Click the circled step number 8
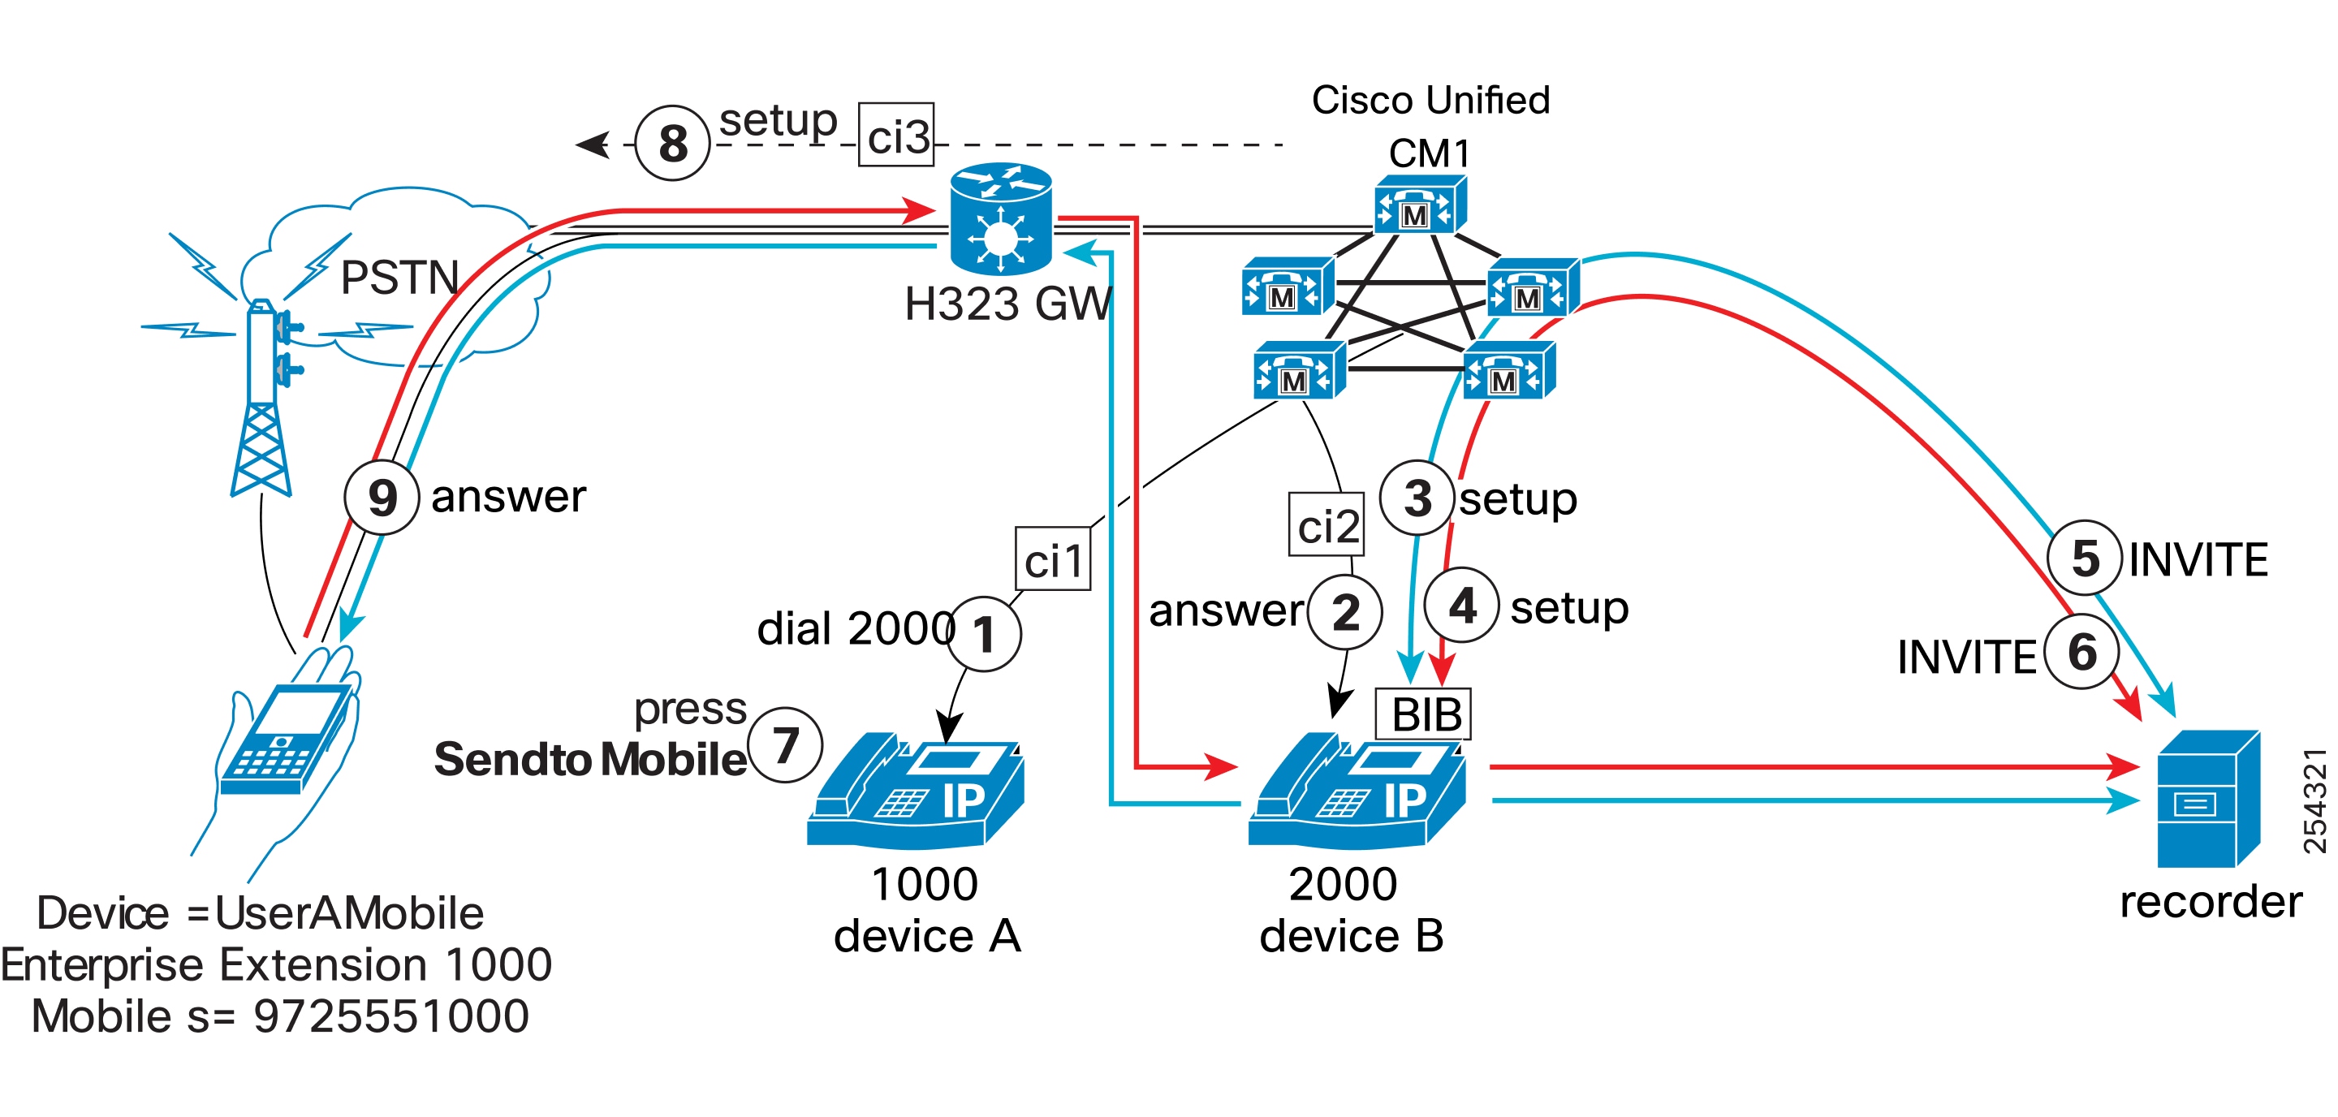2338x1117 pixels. [x=671, y=144]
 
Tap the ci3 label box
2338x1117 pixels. [x=897, y=136]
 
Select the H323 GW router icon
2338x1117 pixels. [x=1000, y=220]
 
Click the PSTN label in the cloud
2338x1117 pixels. [x=399, y=277]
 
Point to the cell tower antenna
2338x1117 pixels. [x=261, y=399]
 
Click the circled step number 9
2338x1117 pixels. [x=382, y=498]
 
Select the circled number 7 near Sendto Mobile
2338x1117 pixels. [x=785, y=746]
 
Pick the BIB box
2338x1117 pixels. [x=1423, y=715]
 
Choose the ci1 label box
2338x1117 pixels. [x=1053, y=559]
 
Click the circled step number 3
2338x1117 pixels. [x=1417, y=498]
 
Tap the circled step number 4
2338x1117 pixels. [x=1461, y=606]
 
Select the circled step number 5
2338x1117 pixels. [x=2085, y=558]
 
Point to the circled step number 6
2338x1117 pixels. [x=2082, y=652]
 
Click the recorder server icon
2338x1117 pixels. [x=2207, y=799]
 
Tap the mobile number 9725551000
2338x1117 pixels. [x=391, y=1016]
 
